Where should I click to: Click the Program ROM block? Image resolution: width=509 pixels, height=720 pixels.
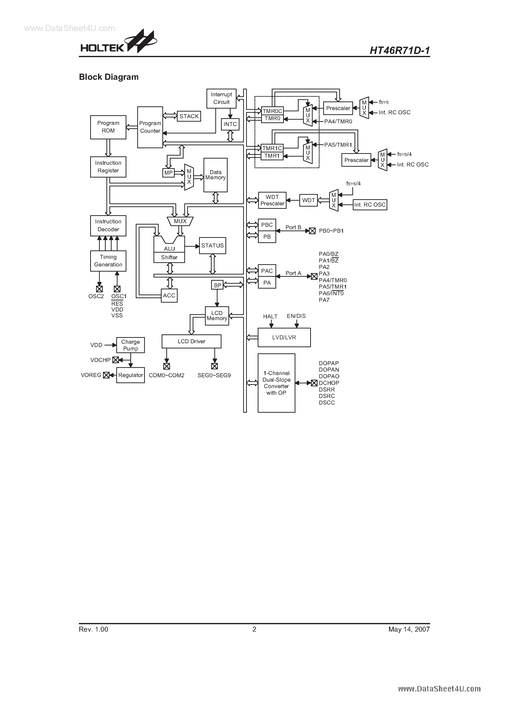(108, 127)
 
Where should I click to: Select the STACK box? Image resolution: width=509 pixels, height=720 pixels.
(189, 116)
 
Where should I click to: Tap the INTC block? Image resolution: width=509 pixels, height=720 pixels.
(230, 124)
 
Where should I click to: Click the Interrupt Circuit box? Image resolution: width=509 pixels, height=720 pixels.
(221, 98)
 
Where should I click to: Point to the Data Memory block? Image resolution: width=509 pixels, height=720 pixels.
(215, 175)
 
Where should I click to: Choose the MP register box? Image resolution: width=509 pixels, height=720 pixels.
(169, 173)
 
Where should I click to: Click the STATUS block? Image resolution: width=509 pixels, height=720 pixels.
(212, 245)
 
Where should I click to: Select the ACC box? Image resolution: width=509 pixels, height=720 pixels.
(169, 295)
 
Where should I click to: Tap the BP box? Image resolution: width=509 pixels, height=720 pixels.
(218, 285)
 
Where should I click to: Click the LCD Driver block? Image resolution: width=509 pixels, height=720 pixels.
(191, 341)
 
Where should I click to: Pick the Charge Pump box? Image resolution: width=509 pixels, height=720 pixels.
(131, 345)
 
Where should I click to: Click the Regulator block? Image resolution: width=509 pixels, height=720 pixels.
(131, 375)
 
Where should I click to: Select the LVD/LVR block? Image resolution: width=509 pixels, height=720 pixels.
(284, 337)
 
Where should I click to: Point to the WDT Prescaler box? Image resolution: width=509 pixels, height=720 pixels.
(272, 200)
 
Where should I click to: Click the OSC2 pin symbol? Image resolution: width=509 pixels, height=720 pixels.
(99, 289)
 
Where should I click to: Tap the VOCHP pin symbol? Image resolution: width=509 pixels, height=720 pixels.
(116, 360)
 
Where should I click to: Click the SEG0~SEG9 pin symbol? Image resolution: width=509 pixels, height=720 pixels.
(214, 366)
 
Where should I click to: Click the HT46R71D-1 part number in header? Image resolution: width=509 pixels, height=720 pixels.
(399, 50)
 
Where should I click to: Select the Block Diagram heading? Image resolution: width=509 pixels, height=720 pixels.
(109, 77)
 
